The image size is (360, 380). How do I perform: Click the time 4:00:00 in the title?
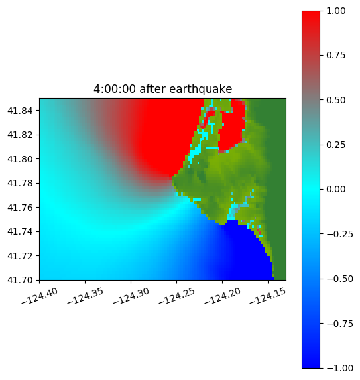(115, 89)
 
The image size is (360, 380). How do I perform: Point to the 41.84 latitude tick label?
(20, 111)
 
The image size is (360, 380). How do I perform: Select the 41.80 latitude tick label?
(20, 159)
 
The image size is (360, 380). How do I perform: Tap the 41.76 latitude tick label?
(20, 208)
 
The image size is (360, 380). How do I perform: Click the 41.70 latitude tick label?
(20, 280)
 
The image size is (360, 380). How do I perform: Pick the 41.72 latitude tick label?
(20, 256)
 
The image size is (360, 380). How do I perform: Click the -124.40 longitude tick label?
(40, 296)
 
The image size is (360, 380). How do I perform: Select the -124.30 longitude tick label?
(131, 296)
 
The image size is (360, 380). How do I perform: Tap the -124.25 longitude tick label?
(177, 296)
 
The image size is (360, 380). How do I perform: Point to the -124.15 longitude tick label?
(268, 296)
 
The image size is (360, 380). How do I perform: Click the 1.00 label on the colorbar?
(335, 11)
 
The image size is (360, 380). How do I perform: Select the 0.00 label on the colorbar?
(335, 189)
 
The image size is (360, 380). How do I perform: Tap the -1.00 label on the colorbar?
(339, 368)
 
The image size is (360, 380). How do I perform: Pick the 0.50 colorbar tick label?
(335, 100)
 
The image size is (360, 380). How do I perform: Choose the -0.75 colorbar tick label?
(339, 324)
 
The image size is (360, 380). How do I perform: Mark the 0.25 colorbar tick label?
(335, 145)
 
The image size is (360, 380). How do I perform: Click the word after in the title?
(152, 89)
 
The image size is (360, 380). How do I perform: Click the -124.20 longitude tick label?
(223, 296)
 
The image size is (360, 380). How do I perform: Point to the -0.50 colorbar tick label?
(339, 279)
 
